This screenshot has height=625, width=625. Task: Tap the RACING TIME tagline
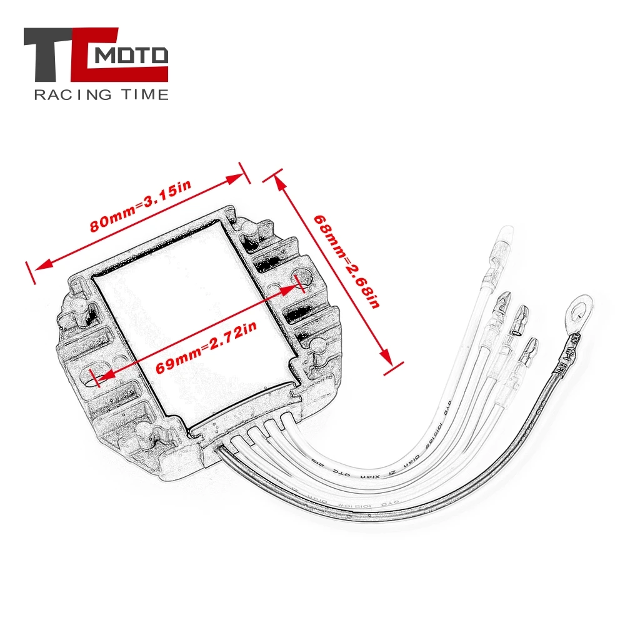coord(101,95)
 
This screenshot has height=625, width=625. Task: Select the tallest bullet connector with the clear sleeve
coord(502,247)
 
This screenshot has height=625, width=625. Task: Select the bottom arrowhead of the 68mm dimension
coord(388,359)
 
